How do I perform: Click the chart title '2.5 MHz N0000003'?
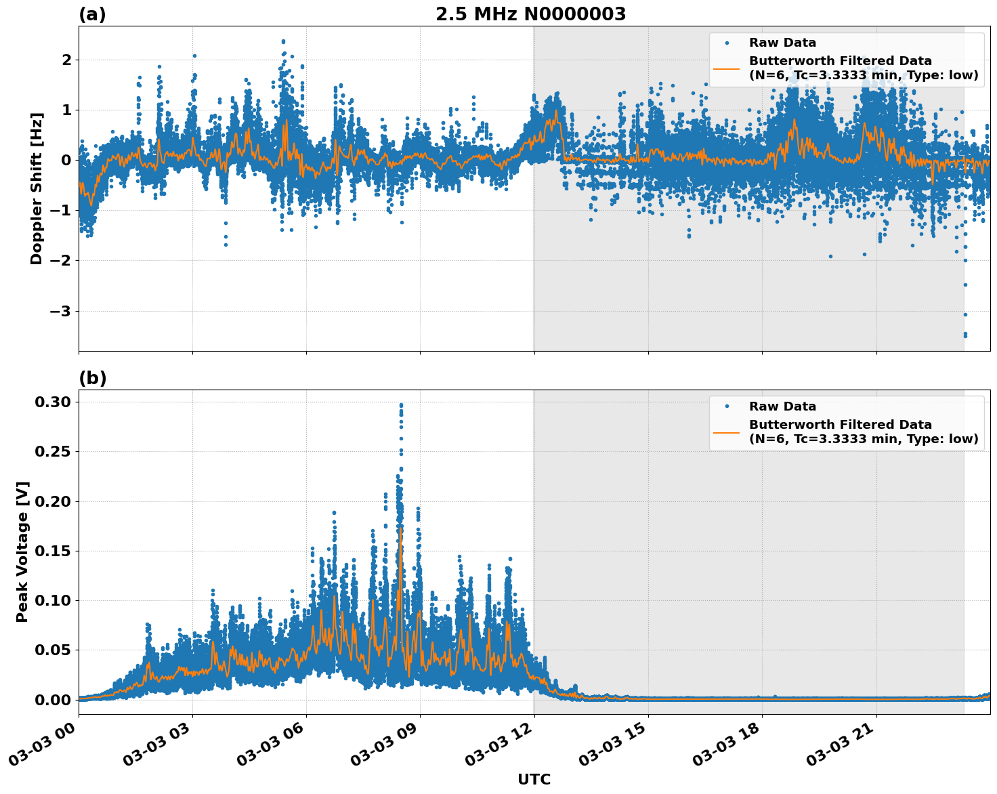530,14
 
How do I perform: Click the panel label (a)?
92,14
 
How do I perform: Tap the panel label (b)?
92,378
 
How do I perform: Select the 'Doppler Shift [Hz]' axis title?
37,188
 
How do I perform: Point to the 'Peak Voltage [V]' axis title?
22,551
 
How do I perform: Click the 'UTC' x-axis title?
534,779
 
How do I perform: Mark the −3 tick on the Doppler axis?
62,311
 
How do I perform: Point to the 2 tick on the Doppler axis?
66,60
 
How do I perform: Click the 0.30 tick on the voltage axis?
53,402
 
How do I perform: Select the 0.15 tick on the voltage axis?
53,551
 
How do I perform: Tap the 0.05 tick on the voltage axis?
53,650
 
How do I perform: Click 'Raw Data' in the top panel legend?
782,43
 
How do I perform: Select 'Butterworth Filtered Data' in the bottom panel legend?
840,425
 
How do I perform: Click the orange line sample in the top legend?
727,68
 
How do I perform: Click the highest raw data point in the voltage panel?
401,404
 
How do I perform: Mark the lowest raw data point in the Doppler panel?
965,335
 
